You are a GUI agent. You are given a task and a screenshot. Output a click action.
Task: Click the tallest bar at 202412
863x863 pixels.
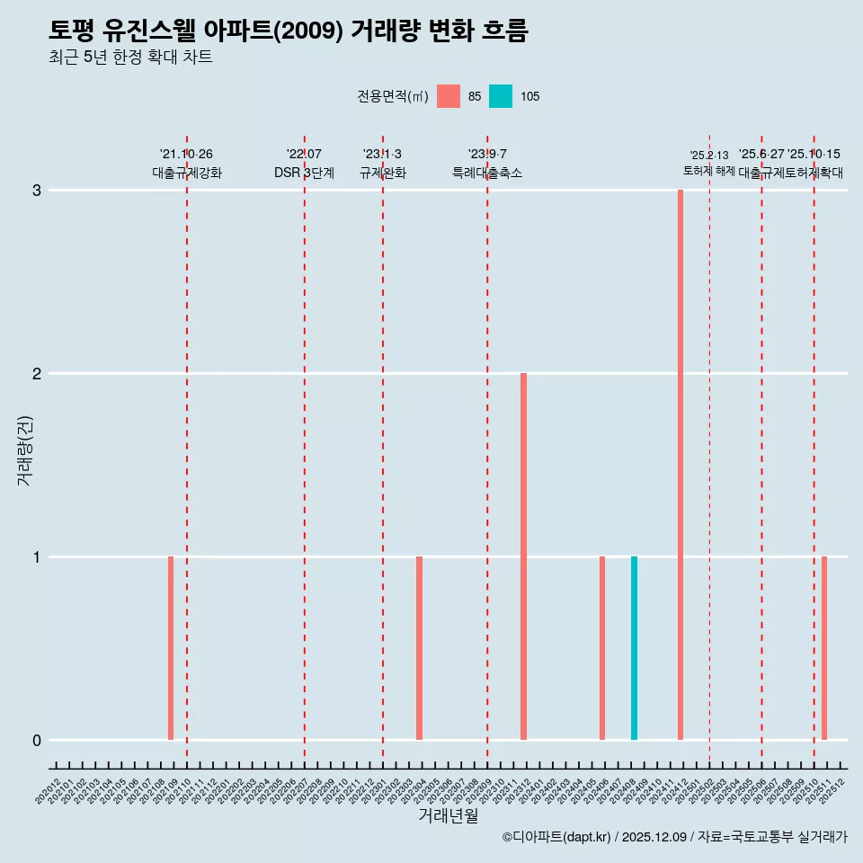tap(681, 465)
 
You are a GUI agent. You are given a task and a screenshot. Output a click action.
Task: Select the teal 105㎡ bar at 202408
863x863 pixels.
tap(634, 648)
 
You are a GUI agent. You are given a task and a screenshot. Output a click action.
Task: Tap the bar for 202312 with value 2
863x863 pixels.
tap(523, 556)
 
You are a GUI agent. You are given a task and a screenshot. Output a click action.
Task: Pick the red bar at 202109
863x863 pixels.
tap(171, 648)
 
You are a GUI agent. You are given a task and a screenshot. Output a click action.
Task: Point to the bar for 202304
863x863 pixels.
tap(419, 648)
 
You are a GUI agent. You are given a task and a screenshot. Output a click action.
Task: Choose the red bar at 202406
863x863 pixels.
tap(602, 648)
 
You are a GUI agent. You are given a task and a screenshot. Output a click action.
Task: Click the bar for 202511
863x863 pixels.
tap(824, 648)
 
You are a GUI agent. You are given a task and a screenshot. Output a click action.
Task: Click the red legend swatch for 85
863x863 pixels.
tap(449, 96)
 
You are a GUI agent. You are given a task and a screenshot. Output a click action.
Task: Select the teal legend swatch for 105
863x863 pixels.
tap(501, 96)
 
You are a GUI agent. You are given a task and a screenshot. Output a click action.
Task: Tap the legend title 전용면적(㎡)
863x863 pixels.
tap(393, 96)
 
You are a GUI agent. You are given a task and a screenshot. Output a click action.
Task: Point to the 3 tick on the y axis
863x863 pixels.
tap(37, 191)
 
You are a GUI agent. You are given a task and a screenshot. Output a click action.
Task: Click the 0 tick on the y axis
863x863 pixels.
tap(37, 740)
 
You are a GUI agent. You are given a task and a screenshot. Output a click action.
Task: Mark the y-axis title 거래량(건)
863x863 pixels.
tap(25, 449)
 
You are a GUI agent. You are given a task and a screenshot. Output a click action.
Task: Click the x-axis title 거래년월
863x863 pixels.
tap(448, 815)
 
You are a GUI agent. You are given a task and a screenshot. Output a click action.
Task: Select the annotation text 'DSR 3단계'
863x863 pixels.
tap(304, 173)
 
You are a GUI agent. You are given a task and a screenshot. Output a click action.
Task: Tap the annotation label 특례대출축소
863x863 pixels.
tap(486, 173)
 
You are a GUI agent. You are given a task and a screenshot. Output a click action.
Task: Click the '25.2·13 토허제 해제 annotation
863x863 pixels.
tap(709, 163)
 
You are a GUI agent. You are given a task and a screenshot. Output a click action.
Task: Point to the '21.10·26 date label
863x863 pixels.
tap(186, 155)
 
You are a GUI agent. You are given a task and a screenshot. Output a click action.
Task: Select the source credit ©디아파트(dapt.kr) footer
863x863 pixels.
tap(674, 837)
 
